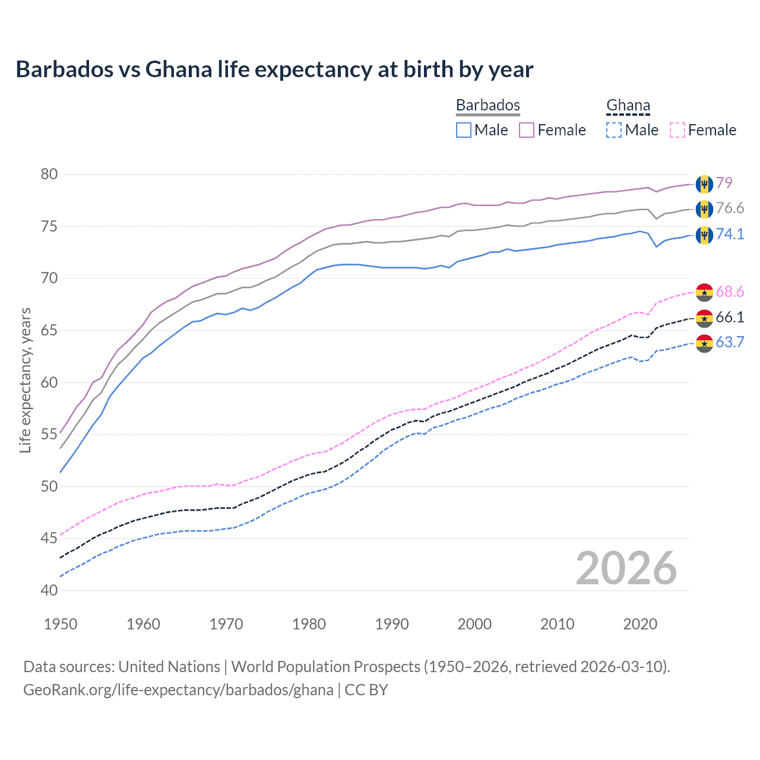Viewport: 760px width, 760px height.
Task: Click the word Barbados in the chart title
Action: click(64, 69)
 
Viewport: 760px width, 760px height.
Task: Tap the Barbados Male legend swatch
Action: click(464, 130)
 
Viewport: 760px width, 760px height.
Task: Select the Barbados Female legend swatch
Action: click(527, 130)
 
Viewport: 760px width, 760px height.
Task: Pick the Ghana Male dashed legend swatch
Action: click(614, 130)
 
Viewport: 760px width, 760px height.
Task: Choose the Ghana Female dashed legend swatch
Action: click(677, 130)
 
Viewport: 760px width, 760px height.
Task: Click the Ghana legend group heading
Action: click(628, 105)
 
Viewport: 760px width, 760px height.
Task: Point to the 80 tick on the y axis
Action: click(49, 175)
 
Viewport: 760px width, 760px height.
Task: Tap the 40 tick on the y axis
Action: click(49, 591)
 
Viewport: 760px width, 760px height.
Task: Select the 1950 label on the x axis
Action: click(61, 624)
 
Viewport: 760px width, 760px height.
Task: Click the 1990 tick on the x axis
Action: click(392, 624)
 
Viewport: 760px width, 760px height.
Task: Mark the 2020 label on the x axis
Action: click(640, 624)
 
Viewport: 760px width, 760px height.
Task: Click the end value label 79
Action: click(724, 183)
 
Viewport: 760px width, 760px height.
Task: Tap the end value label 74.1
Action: click(730, 234)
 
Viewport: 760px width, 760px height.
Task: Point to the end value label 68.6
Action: click(730, 292)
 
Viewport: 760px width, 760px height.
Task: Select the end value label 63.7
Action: click(730, 342)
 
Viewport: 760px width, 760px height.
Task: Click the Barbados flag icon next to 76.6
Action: click(704, 209)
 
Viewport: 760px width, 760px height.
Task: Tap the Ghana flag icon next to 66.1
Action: click(704, 318)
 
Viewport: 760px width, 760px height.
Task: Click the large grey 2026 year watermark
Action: click(626, 568)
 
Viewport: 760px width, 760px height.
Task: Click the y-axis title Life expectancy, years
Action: click(26, 380)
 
